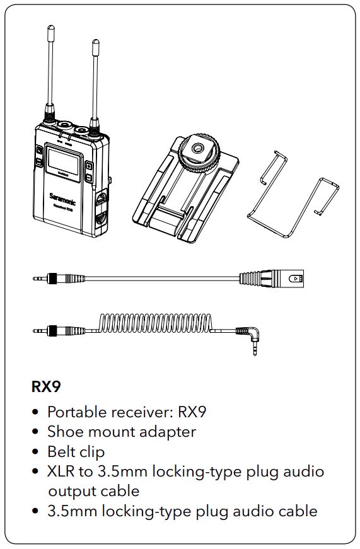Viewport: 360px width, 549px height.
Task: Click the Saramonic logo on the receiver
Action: click(x=62, y=199)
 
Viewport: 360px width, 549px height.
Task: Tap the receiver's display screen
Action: click(x=64, y=160)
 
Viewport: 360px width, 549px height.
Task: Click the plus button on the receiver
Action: click(x=90, y=166)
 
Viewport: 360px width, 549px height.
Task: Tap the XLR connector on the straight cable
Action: click(x=272, y=279)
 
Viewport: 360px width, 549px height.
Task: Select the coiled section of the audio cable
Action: click(x=156, y=323)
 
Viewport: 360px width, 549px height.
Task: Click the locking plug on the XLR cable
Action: click(x=59, y=279)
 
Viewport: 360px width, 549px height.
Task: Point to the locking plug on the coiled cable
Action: click(x=59, y=330)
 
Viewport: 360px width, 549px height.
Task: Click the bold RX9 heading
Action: click(x=46, y=386)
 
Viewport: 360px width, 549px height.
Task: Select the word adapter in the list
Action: click(x=168, y=432)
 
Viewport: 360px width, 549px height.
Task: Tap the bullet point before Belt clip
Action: click(x=35, y=452)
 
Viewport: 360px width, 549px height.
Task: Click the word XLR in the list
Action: click(x=61, y=471)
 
